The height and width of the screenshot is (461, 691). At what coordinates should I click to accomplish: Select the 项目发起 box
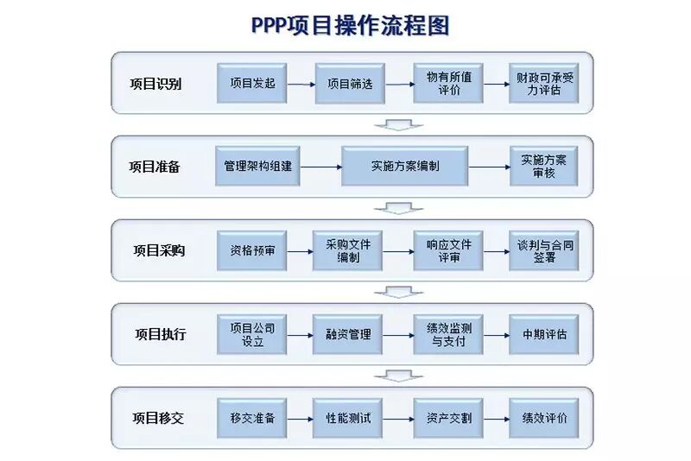[x=252, y=84]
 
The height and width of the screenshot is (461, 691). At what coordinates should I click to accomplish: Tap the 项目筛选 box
[x=350, y=84]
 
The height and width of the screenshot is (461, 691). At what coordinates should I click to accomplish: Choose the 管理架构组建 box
[x=257, y=166]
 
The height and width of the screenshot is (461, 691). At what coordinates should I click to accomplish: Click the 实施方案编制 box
[x=404, y=166]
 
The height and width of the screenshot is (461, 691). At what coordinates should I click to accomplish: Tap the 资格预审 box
[x=252, y=250]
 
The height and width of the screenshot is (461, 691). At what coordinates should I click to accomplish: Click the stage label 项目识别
[x=155, y=84]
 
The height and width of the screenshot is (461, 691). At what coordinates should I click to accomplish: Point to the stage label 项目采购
[x=158, y=250]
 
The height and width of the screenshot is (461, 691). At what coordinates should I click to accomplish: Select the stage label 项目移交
[x=158, y=418]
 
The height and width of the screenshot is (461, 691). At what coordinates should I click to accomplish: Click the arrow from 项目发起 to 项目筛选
[x=301, y=85]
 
